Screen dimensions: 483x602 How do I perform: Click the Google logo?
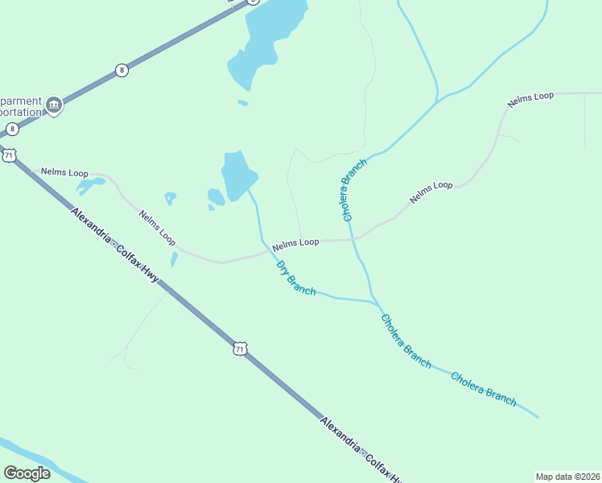click(x=27, y=473)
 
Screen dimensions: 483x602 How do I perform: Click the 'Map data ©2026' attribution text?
click(x=567, y=477)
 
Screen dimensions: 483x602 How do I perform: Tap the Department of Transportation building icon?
click(x=54, y=104)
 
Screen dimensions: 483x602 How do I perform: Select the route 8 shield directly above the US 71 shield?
click(x=12, y=129)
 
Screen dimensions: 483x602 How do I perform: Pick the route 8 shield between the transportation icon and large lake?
click(x=122, y=70)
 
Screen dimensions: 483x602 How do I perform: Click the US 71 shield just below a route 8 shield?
click(x=9, y=155)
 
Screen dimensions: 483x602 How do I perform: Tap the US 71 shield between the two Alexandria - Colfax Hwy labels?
click(x=239, y=349)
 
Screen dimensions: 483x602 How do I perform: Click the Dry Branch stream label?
click(x=295, y=277)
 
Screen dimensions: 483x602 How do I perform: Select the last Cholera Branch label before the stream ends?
click(x=483, y=388)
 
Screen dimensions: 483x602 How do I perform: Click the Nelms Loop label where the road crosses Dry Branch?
click(x=295, y=242)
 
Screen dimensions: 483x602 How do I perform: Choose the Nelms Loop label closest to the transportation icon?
click(x=64, y=173)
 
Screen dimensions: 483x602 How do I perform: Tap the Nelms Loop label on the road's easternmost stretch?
click(x=530, y=100)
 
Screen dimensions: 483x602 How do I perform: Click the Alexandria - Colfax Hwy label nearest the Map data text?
click(x=359, y=448)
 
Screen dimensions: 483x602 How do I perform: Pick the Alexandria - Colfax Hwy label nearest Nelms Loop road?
click(x=114, y=246)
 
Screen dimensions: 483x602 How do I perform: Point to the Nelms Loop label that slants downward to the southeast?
click(x=157, y=228)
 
